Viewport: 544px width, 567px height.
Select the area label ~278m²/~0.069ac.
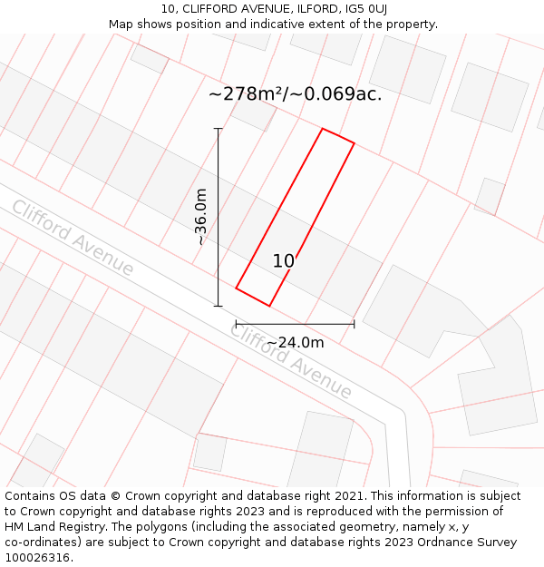point(295,93)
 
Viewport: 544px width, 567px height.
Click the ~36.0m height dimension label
point(201,217)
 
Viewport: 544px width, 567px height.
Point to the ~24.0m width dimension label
point(295,342)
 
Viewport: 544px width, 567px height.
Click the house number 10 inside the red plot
point(284,261)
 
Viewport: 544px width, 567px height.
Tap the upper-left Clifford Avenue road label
point(73,238)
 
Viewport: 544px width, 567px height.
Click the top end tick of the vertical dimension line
point(218,129)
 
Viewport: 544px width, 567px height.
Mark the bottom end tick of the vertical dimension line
point(218,306)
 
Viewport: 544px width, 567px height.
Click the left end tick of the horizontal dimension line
point(236,324)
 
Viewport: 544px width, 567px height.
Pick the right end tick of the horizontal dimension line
point(354,324)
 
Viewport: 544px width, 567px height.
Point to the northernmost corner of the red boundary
point(323,129)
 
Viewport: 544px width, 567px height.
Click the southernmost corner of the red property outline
point(269,306)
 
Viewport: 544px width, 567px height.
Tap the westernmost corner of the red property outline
point(236,288)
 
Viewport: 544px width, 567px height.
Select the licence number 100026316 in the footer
point(39,558)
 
